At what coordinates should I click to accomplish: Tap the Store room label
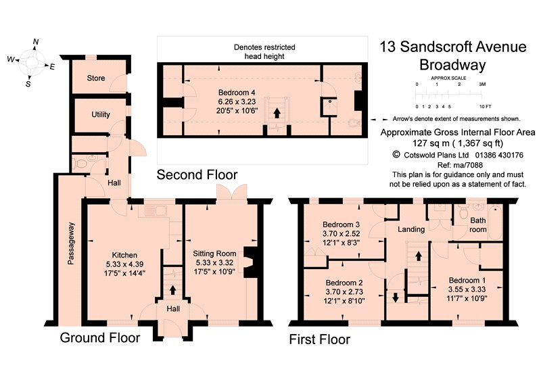(96, 78)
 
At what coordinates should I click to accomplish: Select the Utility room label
(101, 114)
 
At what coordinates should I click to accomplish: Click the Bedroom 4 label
(236, 93)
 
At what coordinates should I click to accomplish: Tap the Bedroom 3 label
(340, 224)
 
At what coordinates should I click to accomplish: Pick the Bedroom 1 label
(466, 279)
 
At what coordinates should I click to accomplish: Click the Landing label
(411, 229)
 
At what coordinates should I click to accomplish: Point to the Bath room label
(478, 225)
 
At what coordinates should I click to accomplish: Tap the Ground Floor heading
(100, 337)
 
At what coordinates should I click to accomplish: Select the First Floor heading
(319, 339)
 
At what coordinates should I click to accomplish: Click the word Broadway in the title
(452, 66)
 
